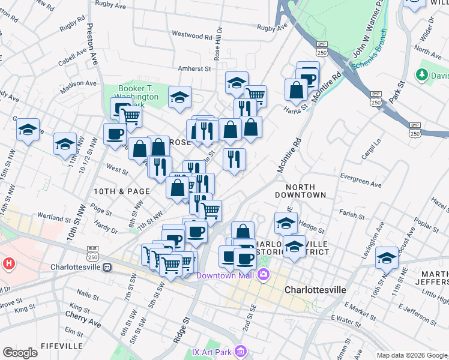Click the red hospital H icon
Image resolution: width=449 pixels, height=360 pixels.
click(x=9, y=263)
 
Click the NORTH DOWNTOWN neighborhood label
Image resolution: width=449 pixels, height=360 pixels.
click(x=300, y=191)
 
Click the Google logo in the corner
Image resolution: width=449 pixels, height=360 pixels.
click(x=20, y=353)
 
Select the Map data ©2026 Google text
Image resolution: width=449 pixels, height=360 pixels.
click(x=411, y=355)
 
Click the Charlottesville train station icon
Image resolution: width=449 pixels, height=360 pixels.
click(x=106, y=267)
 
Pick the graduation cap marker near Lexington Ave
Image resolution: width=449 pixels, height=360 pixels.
click(x=387, y=257)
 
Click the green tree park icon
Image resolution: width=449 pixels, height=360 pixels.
click(x=423, y=74)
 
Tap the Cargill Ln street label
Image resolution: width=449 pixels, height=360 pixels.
click(x=373, y=141)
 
